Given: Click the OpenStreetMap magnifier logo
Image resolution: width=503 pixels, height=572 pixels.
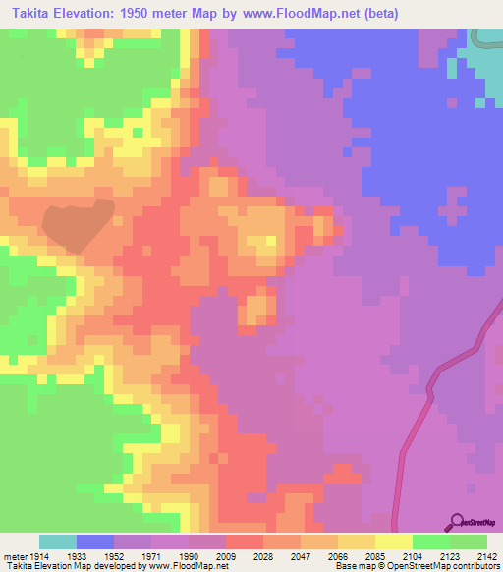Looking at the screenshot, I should tap(456, 521).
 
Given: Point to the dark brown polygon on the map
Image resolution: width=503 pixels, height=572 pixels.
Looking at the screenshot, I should tap(77, 224).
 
